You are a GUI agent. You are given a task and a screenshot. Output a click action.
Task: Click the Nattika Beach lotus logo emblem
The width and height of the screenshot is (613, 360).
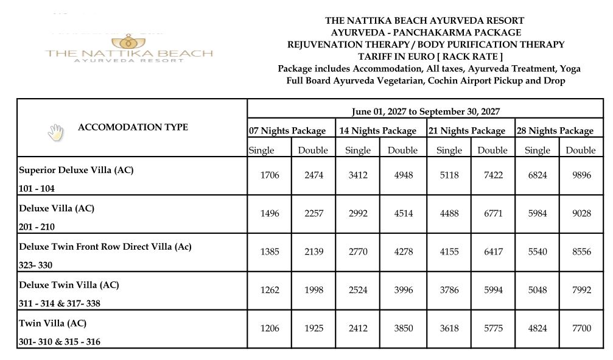(x=128, y=42)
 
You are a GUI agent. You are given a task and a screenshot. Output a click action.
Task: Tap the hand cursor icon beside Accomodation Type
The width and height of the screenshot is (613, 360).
(x=55, y=132)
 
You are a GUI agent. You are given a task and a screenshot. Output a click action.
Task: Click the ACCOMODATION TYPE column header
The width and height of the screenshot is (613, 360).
(x=133, y=127)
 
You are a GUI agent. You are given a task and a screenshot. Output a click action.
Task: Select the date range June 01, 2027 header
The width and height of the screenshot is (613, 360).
(x=426, y=111)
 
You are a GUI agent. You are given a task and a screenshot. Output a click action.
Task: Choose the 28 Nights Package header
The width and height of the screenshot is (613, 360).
(x=555, y=130)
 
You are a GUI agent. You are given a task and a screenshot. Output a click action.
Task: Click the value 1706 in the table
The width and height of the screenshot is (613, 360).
(x=270, y=175)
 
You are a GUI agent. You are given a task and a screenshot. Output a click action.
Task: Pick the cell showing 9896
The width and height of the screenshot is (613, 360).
(x=581, y=175)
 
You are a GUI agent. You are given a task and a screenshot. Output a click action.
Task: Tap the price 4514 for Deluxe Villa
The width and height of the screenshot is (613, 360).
(x=402, y=213)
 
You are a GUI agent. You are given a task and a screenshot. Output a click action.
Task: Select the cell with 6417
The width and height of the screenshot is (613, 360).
(x=492, y=251)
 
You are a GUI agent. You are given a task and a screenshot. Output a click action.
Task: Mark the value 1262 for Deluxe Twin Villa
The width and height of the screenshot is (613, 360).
(x=270, y=290)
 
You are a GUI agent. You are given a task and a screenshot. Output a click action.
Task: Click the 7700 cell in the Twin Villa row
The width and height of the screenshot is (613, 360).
(x=581, y=328)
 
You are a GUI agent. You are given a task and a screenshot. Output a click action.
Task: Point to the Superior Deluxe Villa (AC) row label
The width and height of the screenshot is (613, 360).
(x=76, y=171)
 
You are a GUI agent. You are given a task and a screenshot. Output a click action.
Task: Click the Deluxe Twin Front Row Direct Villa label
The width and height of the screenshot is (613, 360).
(x=105, y=247)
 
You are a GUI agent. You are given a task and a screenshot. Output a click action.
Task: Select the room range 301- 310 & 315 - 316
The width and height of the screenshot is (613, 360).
(x=60, y=342)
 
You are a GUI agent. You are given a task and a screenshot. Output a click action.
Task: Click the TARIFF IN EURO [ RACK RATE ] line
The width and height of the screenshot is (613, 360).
(x=426, y=57)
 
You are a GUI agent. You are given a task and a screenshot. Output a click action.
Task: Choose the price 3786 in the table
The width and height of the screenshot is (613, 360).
(x=449, y=290)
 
